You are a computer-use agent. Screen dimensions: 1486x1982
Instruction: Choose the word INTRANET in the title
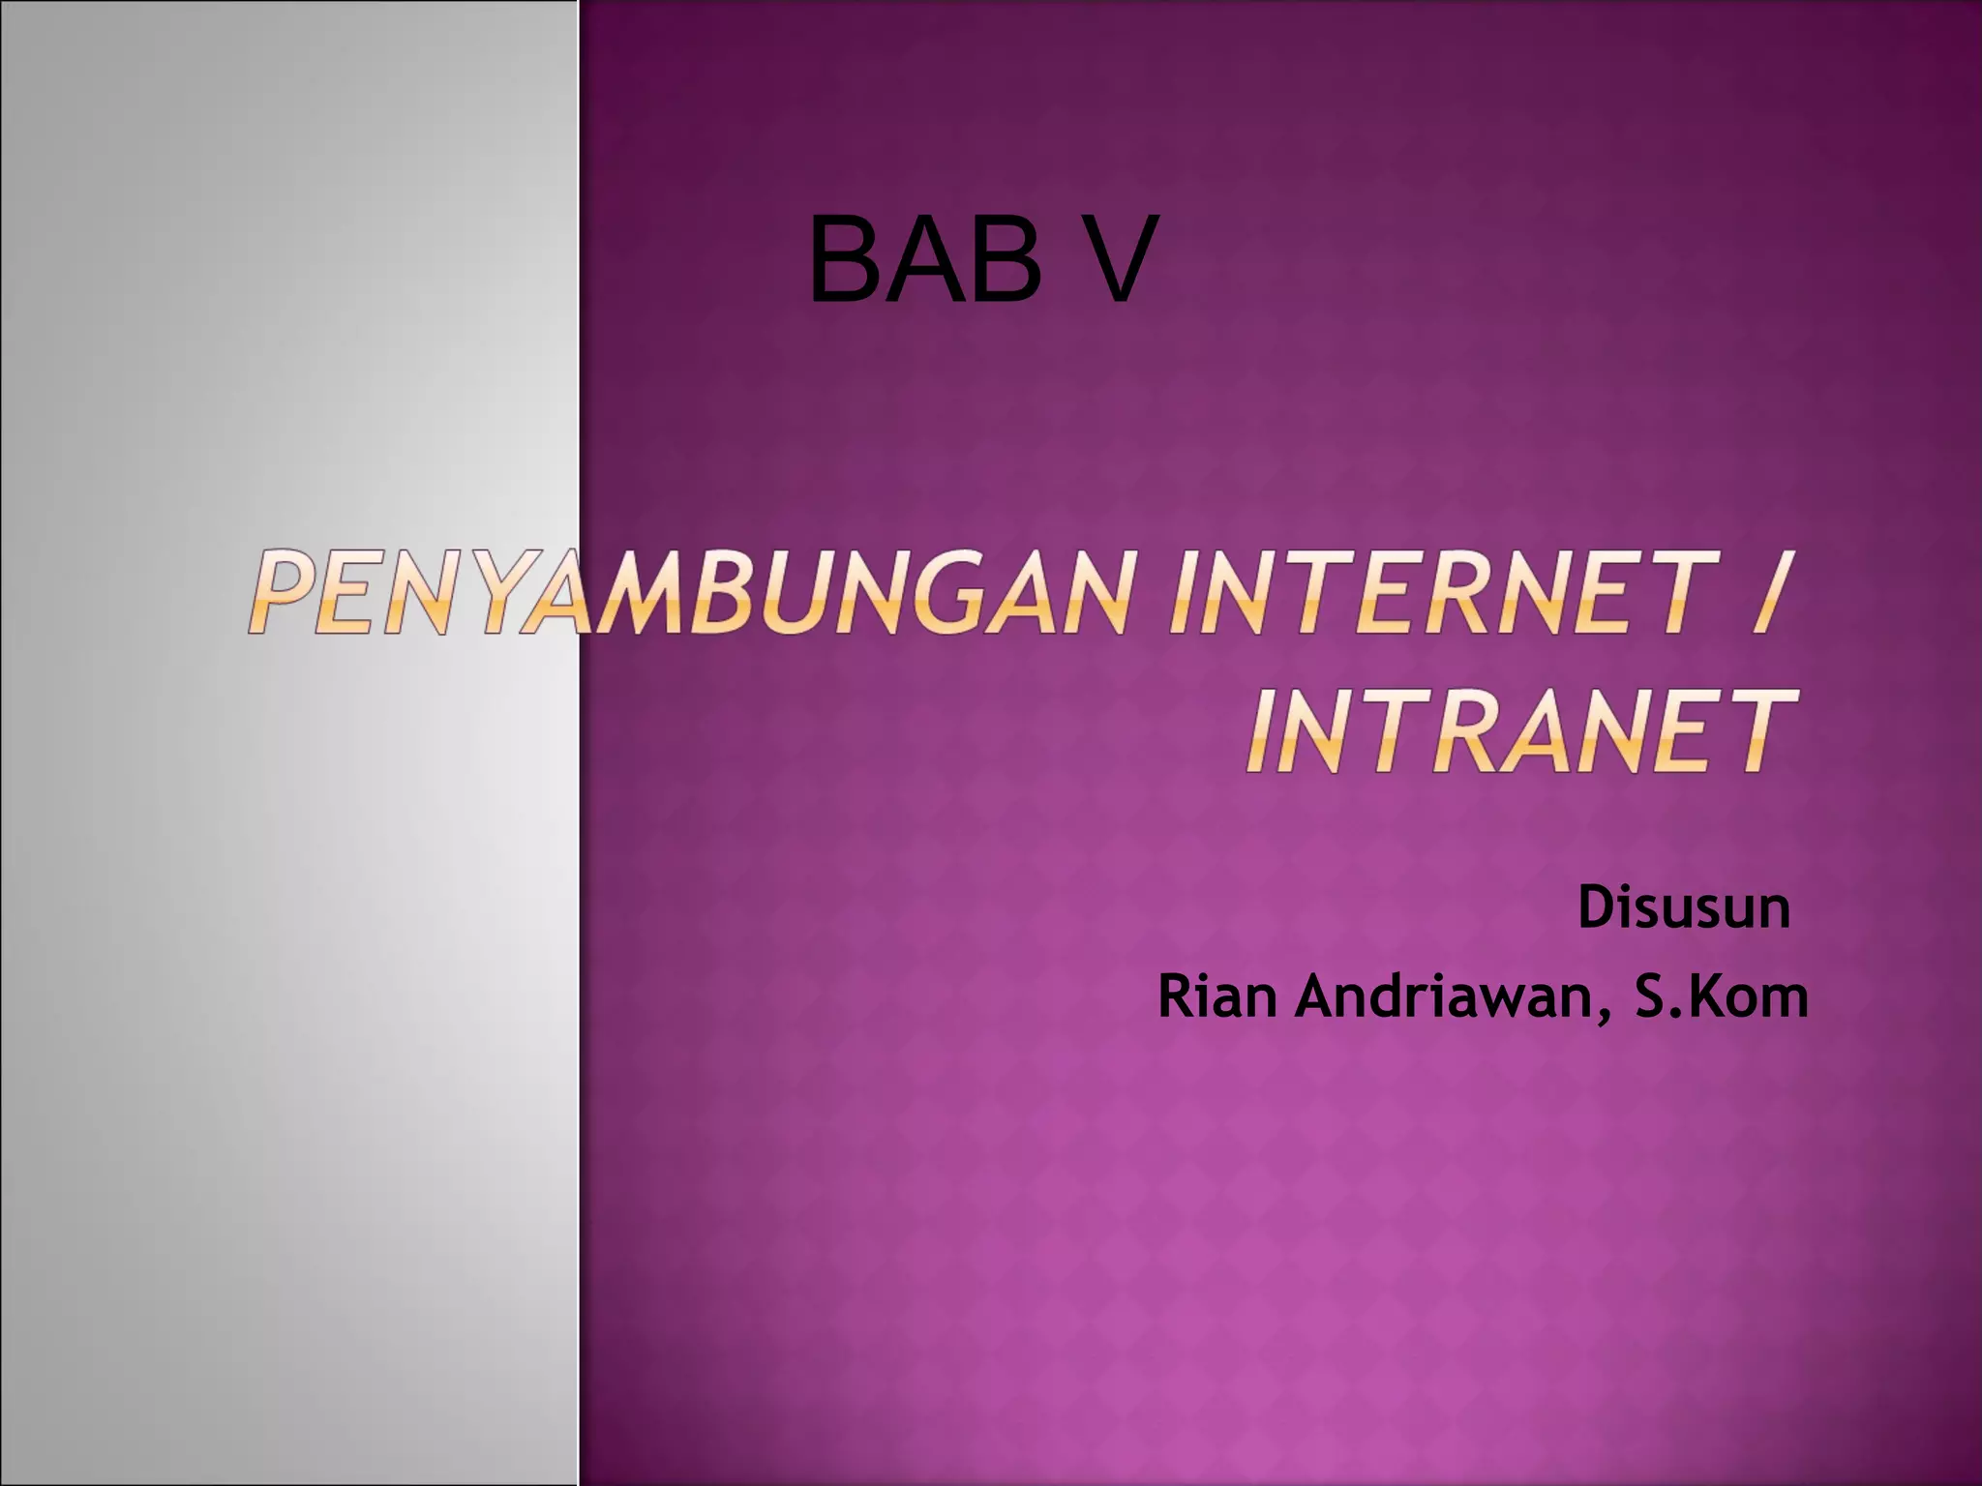point(1519,731)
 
